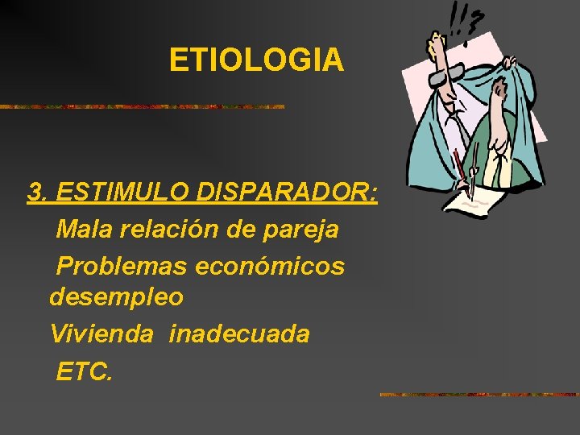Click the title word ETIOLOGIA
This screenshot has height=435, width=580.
click(256, 60)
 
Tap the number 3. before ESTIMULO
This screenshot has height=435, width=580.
click(38, 193)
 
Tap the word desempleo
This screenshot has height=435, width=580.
click(116, 298)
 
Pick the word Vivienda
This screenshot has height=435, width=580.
click(101, 333)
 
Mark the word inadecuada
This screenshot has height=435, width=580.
click(239, 333)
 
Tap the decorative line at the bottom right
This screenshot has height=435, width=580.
click(478, 395)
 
